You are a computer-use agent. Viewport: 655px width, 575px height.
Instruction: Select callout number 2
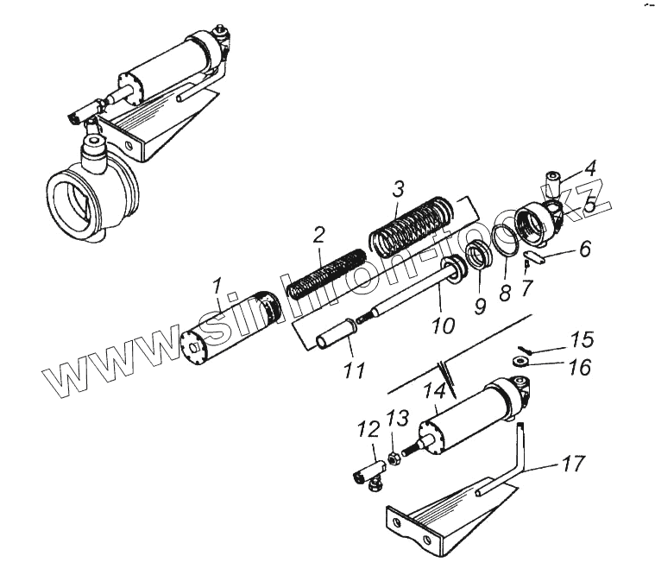(318, 234)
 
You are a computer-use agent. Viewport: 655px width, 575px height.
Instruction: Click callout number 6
(584, 250)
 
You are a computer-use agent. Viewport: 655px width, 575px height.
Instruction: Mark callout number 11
(351, 371)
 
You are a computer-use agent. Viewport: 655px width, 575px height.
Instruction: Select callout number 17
(572, 465)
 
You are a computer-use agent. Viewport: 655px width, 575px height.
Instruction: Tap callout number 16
(579, 369)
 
